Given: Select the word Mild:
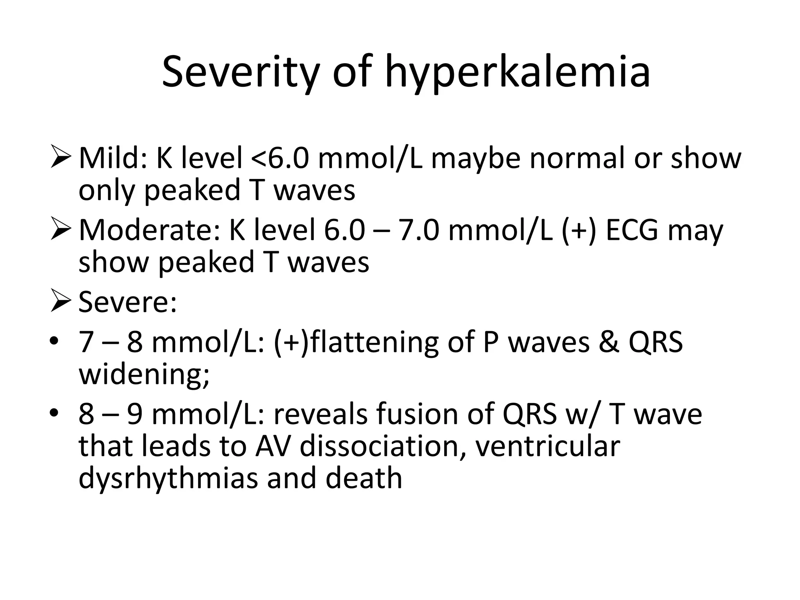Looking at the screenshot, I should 113,158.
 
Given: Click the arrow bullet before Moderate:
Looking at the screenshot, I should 61,231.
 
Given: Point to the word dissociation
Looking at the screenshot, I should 382,446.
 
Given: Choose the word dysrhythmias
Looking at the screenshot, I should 168,478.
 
